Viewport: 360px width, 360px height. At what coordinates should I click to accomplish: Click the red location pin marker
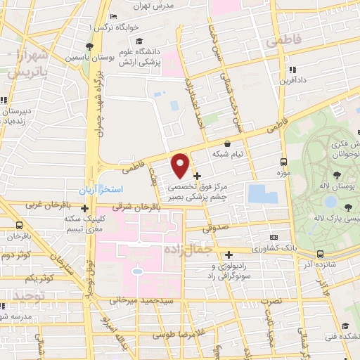point(181,165)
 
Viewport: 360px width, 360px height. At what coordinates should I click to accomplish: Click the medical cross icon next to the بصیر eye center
point(198,175)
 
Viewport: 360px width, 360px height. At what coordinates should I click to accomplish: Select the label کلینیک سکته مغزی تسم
point(84,224)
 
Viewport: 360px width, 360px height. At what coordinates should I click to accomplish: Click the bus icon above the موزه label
point(284,160)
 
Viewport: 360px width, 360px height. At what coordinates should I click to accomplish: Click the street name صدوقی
point(214,228)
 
